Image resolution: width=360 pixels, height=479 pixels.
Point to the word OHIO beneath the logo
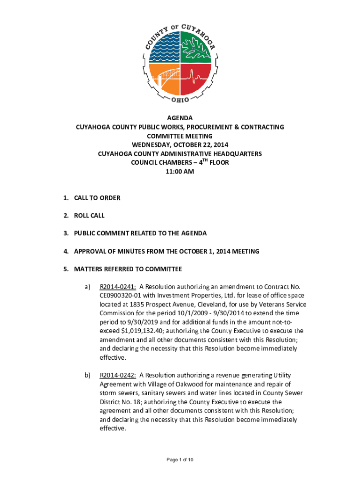coord(180,100)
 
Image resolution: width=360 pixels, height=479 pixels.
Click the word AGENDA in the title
coord(180,118)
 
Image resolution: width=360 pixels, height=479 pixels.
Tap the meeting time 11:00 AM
coord(180,172)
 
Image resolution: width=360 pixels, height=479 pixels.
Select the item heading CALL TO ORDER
coord(97,198)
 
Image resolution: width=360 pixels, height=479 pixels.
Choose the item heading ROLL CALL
coord(89,216)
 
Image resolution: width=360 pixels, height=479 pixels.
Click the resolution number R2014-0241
coord(118,287)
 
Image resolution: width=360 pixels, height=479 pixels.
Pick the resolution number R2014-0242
coord(118,375)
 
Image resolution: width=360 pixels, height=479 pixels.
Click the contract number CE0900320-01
coord(124,296)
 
